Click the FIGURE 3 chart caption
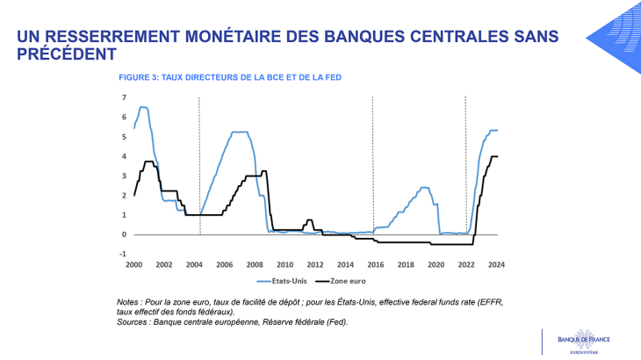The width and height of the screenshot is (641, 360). coord(230,77)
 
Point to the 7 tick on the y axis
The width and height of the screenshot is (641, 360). coord(124,97)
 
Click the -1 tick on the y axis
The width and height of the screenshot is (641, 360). coord(123,255)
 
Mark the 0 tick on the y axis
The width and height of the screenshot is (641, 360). coord(124,234)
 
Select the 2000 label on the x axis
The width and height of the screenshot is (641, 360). coord(133,263)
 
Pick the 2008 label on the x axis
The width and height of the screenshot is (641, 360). coord(255,263)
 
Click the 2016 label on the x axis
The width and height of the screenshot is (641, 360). coord(376,263)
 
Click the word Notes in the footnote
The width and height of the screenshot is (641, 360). coord(132,302)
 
